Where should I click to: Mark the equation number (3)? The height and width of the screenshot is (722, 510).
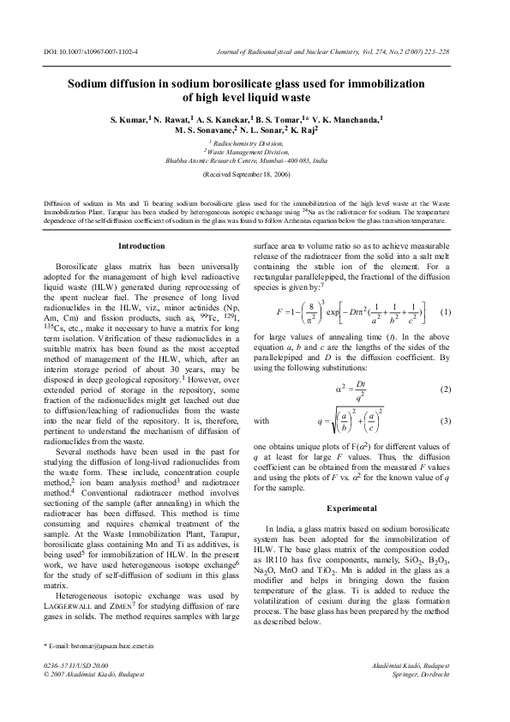pyautogui.click(x=446, y=421)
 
